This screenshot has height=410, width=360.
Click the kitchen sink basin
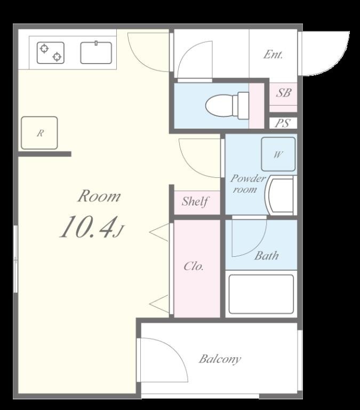(96, 53)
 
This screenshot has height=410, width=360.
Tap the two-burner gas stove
(51, 53)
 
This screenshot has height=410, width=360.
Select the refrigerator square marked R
(39, 133)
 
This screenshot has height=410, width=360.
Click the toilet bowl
(227, 106)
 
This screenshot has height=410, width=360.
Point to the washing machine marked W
(278, 154)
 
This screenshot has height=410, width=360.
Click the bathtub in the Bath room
(261, 294)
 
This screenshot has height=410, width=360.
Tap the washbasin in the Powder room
(279, 195)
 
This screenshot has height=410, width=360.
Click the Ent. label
(273, 54)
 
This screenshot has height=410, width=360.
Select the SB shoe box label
(283, 93)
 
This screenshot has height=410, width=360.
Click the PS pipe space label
(283, 123)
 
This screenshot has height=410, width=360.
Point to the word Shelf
(195, 201)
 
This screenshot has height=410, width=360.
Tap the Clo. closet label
(194, 266)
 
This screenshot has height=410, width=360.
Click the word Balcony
(220, 359)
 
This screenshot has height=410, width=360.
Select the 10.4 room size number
(89, 227)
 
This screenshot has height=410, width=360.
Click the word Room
(99, 196)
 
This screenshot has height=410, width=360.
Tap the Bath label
(267, 256)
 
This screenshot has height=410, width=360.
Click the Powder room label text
(247, 184)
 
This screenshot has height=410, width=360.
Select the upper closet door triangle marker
(159, 232)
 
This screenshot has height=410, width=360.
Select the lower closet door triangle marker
(159, 304)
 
